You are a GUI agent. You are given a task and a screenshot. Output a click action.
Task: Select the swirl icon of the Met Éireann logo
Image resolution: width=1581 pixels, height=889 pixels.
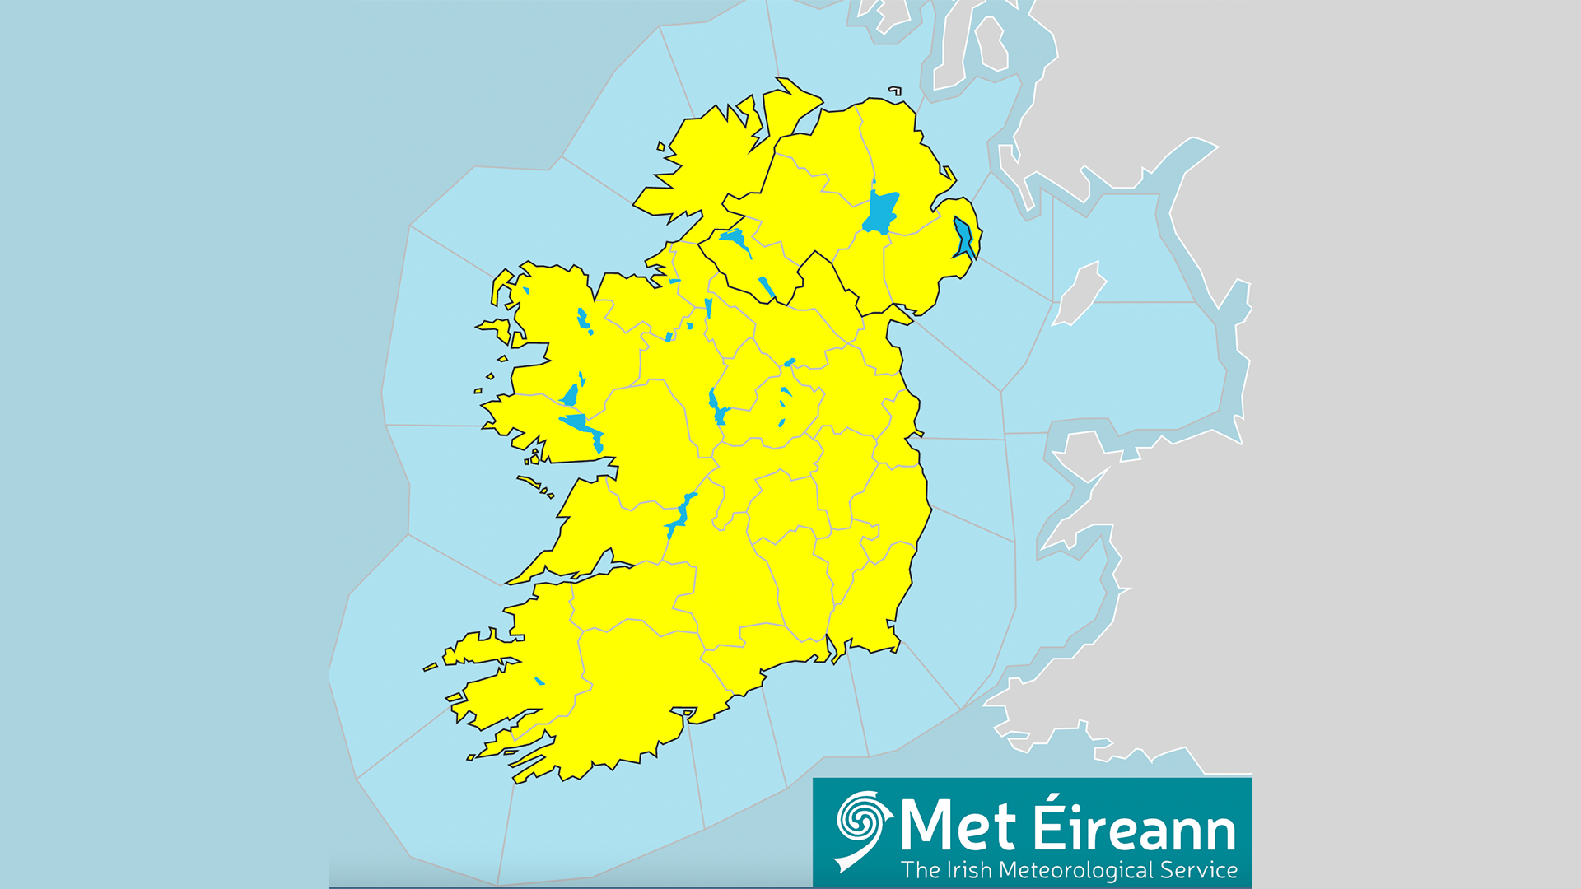(861, 828)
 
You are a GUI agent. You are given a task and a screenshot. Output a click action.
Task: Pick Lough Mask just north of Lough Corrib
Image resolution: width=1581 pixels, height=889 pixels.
(571, 395)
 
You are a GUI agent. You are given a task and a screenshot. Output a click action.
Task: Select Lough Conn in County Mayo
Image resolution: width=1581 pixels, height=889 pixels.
(583, 319)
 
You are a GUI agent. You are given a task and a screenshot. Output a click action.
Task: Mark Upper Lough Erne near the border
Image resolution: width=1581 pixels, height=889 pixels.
(767, 287)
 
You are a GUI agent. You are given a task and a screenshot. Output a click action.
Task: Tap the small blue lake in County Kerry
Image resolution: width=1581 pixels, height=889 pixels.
(539, 681)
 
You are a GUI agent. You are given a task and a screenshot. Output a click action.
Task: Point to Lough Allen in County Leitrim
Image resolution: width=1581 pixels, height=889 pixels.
(708, 308)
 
